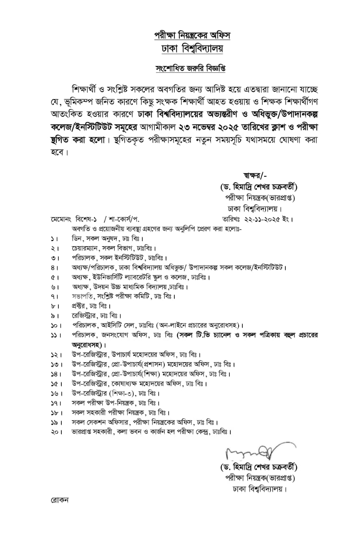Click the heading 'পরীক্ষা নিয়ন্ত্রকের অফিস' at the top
[x=192, y=36]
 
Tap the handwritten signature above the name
[x=249, y=451]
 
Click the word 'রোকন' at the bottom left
[x=61, y=500]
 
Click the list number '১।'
[x=54, y=239]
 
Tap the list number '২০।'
[x=56, y=432]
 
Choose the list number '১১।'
[x=55, y=335]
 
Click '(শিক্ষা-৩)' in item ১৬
[x=121, y=393]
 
